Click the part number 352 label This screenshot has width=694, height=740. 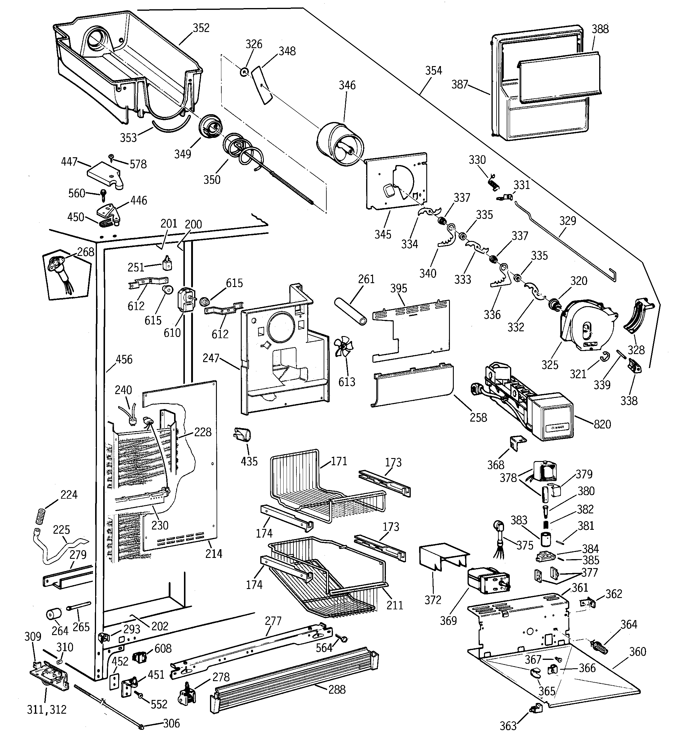pyautogui.click(x=201, y=28)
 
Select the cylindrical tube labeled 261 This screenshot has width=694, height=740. pyautogui.click(x=350, y=311)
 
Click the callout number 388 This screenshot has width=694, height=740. pyautogui.click(x=600, y=29)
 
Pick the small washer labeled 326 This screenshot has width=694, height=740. pyautogui.click(x=244, y=71)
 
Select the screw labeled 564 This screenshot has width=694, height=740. pyautogui.click(x=343, y=638)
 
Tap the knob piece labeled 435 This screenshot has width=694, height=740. pyautogui.click(x=243, y=435)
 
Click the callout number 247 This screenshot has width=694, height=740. pyautogui.click(x=211, y=358)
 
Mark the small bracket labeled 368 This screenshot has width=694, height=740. pyautogui.click(x=517, y=444)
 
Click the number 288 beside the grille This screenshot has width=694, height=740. pyautogui.click(x=337, y=689)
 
